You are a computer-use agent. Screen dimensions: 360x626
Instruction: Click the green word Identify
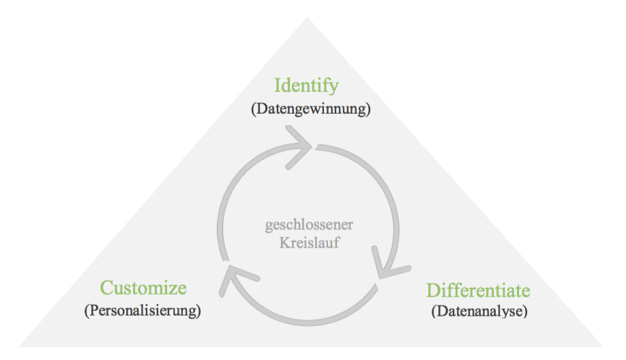[x=306, y=87]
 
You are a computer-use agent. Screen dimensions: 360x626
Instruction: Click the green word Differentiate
[x=477, y=291]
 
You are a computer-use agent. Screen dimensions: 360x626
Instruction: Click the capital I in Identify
[x=278, y=87]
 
